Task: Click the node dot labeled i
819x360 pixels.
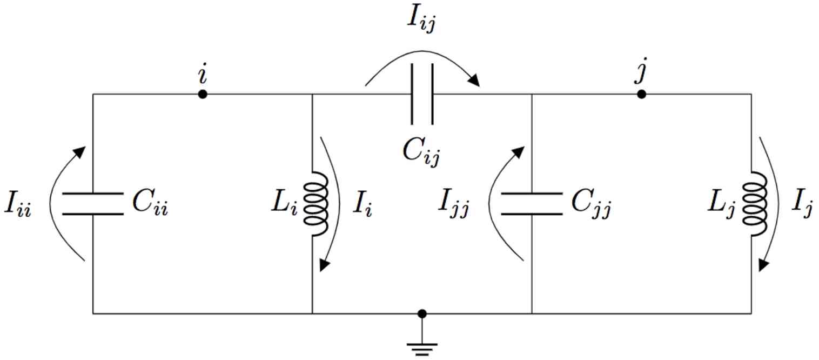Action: [203, 95]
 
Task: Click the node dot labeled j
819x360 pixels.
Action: [641, 95]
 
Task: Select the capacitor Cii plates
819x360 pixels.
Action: [93, 204]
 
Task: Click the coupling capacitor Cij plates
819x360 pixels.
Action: [422, 95]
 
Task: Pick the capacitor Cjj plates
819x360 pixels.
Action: [532, 204]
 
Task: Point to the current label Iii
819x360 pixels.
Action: [18, 206]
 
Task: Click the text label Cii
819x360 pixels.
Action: [150, 204]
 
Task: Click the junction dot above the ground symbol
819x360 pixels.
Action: [422, 314]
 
